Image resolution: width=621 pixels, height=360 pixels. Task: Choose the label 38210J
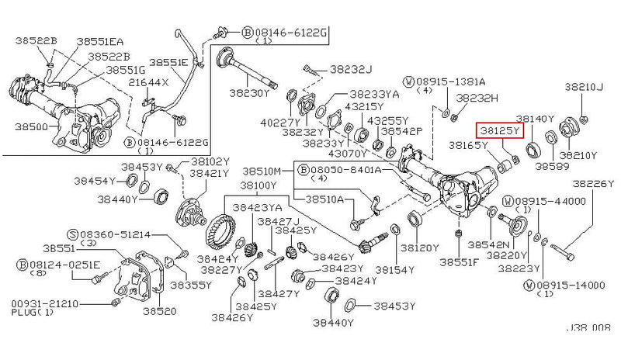(x=583, y=86)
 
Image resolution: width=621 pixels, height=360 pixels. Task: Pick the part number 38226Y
(x=594, y=184)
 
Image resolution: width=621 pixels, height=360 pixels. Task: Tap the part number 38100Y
(x=257, y=185)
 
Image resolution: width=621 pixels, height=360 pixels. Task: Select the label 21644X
(x=148, y=81)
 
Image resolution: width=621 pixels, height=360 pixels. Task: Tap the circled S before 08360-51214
(x=71, y=233)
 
